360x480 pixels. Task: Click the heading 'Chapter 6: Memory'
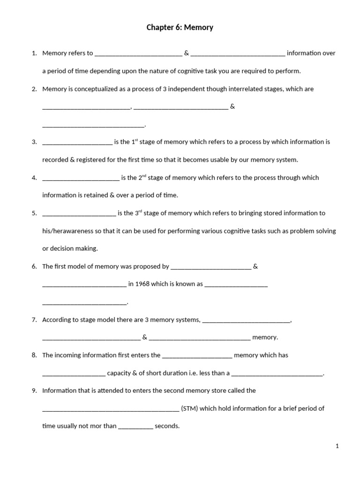180,28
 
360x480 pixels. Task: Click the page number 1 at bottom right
337,446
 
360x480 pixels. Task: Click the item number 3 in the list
34,142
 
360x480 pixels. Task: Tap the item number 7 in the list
34,320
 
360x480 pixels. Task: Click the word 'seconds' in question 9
167,426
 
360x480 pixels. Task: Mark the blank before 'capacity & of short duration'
74,374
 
